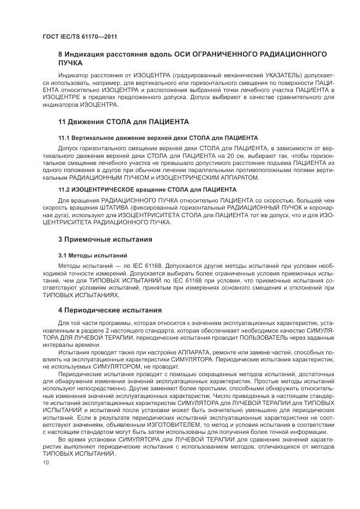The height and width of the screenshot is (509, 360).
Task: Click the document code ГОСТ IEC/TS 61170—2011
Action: (80, 37)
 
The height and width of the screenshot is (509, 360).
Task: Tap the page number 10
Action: (46, 463)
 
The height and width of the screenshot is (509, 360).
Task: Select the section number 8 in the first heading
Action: (60, 54)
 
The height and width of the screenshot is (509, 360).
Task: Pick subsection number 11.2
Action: (64, 189)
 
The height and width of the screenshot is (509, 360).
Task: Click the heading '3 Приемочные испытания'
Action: (105, 239)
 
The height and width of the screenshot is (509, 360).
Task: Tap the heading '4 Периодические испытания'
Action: (110, 310)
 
